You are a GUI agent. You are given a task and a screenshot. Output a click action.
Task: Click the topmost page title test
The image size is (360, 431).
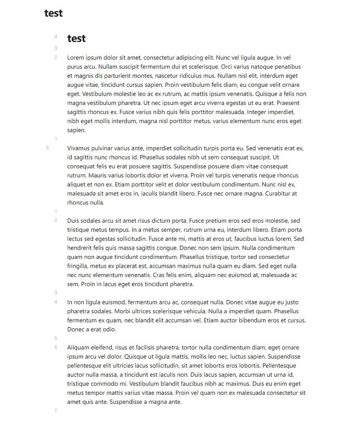[x=53, y=13]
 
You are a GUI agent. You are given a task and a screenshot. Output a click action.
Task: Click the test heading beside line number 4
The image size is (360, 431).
[x=76, y=38]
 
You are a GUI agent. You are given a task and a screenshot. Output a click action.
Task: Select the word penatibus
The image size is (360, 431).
[x=287, y=67]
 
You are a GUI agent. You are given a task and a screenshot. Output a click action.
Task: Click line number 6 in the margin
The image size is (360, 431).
[x=56, y=347]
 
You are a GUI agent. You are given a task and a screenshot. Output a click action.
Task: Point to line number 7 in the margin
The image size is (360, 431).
[x=56, y=410]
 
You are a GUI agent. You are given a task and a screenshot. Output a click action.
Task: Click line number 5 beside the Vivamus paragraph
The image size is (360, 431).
[x=48, y=148]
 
